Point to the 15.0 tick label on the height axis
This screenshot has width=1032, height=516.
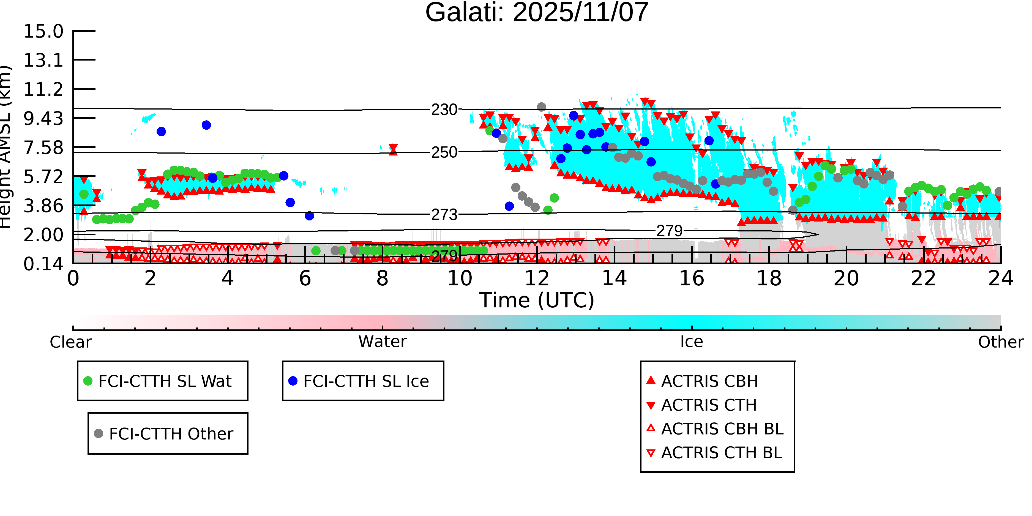tap(43, 31)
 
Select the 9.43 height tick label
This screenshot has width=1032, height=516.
tap(43, 119)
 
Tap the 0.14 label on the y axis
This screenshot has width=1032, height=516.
tap(43, 264)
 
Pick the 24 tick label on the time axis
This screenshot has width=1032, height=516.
tap(1000, 279)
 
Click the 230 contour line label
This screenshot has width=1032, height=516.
tap(444, 109)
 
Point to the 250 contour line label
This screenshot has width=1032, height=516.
tap(444, 152)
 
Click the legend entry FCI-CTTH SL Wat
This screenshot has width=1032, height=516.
tap(165, 381)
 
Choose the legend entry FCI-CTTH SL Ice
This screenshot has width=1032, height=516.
tap(366, 381)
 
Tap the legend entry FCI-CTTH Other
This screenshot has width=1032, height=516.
tap(171, 433)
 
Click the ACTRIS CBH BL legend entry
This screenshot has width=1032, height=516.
tap(722, 429)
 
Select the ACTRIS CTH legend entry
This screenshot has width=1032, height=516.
tap(709, 405)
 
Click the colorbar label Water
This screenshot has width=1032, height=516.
tap(382, 342)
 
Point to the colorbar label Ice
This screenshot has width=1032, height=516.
tap(692, 342)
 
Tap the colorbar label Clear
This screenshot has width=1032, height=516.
tap(70, 342)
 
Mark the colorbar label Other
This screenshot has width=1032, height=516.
tap(1000, 342)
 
